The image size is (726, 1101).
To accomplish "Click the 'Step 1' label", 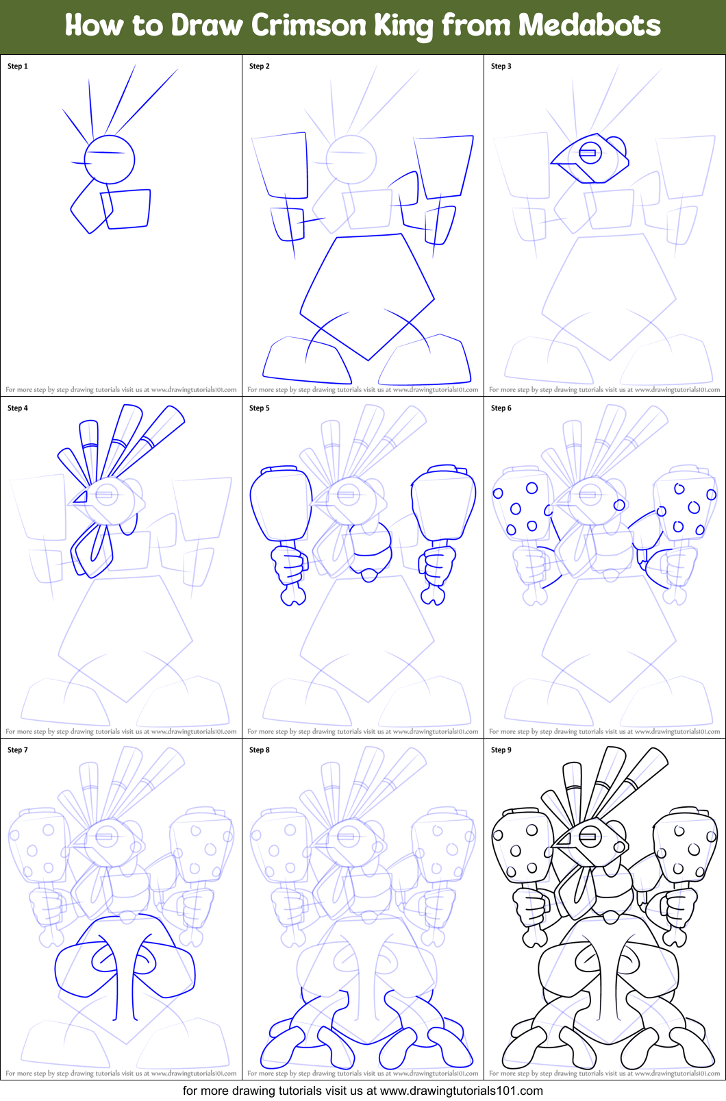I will click(x=18, y=66).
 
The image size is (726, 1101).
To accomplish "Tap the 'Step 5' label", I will click(x=260, y=408).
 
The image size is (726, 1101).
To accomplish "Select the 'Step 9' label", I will click(x=501, y=750).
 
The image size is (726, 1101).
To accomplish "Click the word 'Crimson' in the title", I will click(x=309, y=25).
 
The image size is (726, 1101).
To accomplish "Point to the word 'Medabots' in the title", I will click(x=589, y=25).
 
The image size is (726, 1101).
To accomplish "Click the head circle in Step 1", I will click(x=110, y=160).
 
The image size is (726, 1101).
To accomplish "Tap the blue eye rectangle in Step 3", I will click(x=588, y=152).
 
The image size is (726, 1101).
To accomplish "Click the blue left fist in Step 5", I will click(x=290, y=567).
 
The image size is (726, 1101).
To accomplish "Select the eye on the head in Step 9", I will click(x=589, y=836).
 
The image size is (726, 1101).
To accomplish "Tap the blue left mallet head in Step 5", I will click(x=281, y=504).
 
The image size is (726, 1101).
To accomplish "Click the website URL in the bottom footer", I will click(x=461, y=1091).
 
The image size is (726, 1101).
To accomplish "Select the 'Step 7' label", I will click(x=18, y=750).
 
